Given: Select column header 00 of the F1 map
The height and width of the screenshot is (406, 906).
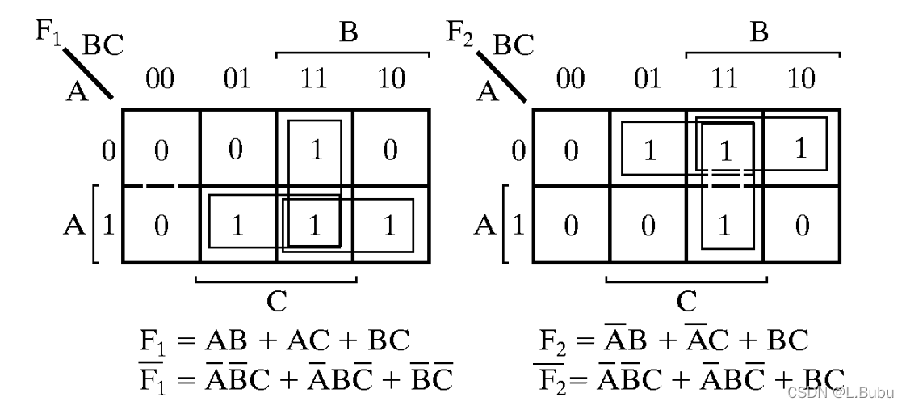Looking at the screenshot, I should pos(161,79).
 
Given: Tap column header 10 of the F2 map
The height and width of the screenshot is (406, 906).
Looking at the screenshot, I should pos(801,79).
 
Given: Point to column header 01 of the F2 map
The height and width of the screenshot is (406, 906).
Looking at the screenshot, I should pos(648,79).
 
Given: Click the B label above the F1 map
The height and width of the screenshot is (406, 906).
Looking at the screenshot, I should pos(348,33).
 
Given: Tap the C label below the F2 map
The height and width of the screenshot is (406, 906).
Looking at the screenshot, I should pos(686,302).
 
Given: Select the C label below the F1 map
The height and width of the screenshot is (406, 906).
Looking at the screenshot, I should pos(276,302).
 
